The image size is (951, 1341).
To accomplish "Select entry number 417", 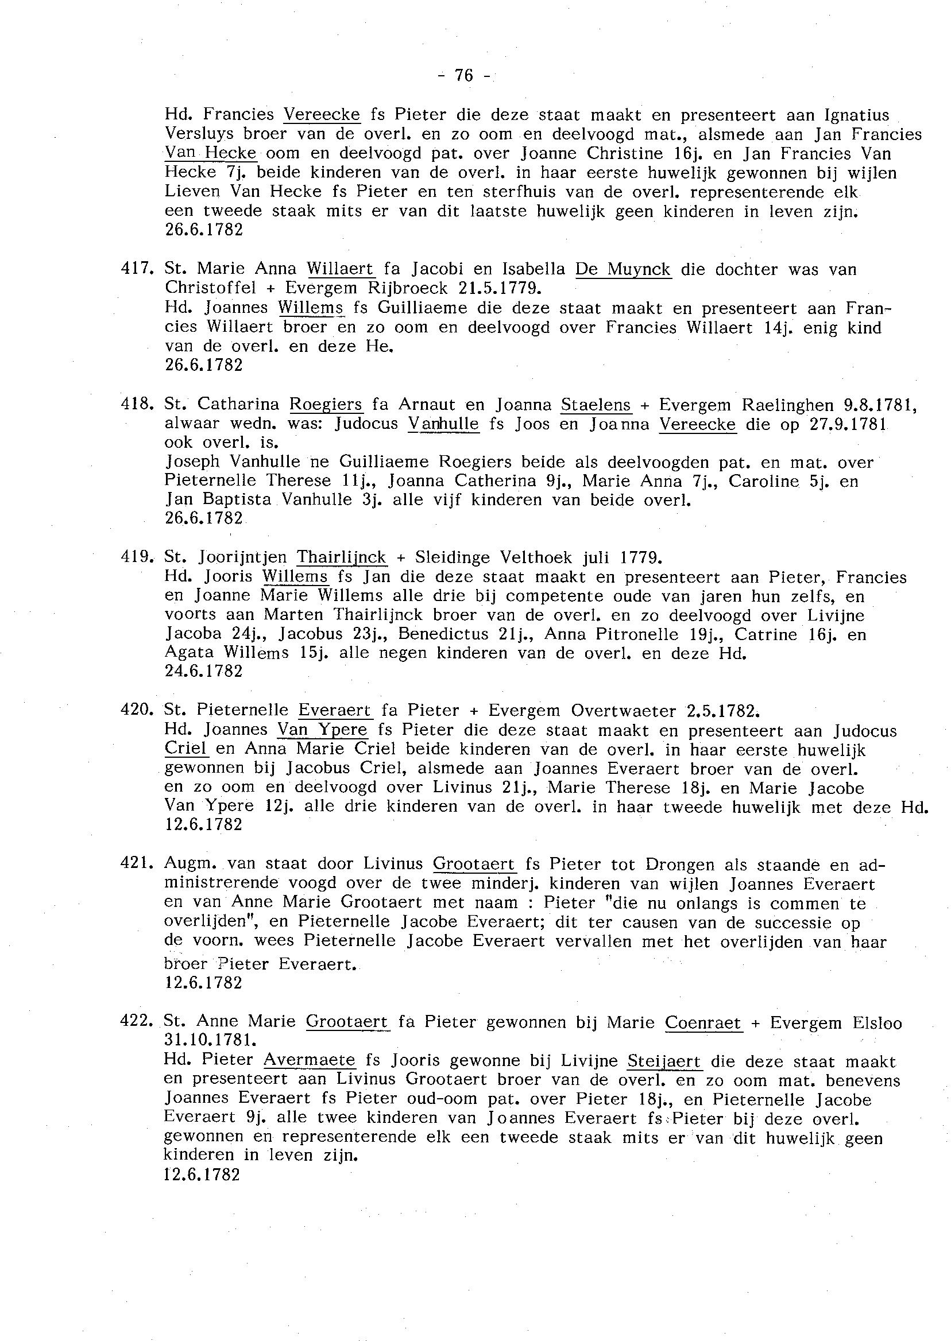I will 137,269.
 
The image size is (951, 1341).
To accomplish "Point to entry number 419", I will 137,557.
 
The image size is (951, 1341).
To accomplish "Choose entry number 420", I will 137,710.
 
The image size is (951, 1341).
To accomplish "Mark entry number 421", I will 137,864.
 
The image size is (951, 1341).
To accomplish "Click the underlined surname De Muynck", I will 623,269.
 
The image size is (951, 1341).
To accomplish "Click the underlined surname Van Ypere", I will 323,730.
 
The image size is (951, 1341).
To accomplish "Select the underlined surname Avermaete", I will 309,1060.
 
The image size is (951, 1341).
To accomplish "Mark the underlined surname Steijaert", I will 664,1060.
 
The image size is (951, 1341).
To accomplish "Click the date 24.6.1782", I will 204,671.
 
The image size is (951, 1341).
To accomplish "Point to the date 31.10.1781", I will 211,1040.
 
